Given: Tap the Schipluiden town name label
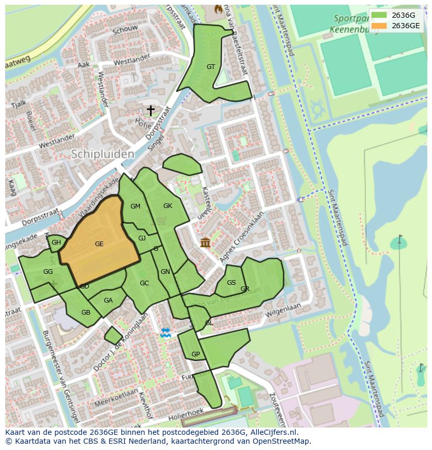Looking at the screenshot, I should (x=102, y=154).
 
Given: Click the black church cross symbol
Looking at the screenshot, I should (x=151, y=110).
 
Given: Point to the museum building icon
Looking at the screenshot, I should (x=205, y=243).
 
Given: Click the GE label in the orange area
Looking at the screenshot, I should (x=99, y=244).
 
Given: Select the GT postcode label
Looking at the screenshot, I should (x=211, y=66).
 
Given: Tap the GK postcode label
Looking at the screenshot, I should (x=167, y=206).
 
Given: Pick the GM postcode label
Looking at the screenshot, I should (x=135, y=206).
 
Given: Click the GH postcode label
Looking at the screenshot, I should (x=56, y=243).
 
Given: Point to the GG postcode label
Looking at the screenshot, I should (x=48, y=272).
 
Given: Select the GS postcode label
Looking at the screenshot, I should (x=232, y=283).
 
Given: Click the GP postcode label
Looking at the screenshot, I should (x=196, y=354).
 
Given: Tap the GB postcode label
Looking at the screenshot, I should (x=86, y=313).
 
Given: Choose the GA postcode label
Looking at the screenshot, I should (x=108, y=301).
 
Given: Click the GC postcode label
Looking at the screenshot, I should (x=145, y=283).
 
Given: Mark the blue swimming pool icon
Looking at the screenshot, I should (x=165, y=333).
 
